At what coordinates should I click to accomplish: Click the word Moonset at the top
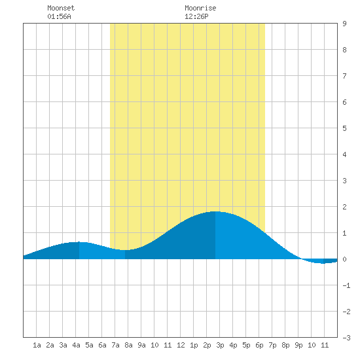[61, 8]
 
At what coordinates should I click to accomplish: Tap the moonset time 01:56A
[59, 16]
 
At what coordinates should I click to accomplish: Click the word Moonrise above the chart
[200, 8]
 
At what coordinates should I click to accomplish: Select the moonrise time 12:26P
[196, 16]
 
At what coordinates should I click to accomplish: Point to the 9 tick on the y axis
[344, 24]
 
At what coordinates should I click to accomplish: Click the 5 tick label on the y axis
[344, 128]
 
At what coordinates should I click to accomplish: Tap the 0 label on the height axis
[344, 259]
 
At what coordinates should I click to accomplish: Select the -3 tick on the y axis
[346, 338]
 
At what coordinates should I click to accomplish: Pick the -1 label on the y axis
[346, 285]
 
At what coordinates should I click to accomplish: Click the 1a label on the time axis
[37, 345]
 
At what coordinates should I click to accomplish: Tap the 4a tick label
[76, 345]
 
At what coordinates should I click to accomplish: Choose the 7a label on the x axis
[115, 345]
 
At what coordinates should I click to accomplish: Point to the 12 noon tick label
[181, 345]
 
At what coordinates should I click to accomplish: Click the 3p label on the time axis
[220, 345]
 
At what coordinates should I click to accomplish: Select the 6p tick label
[259, 345]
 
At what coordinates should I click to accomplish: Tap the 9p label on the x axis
[298, 345]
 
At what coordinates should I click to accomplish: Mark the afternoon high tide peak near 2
[215, 211]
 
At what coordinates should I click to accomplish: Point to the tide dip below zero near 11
[323, 263]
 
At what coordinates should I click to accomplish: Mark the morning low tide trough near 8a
[125, 250]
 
